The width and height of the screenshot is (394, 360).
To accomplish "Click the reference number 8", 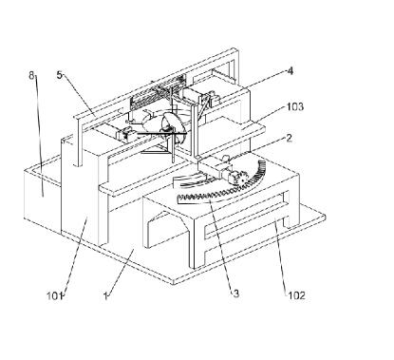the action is coord(31,76).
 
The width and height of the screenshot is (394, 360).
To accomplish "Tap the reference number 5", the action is coord(60,75).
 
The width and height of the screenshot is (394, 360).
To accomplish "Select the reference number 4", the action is coord(290,71).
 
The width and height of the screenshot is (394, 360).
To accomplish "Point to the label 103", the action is coord(295,106).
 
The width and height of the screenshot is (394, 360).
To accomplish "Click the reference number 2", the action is coord(289,139).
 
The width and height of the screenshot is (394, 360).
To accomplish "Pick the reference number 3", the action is coord(236,294).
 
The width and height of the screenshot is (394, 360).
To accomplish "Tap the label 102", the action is coord(297,295).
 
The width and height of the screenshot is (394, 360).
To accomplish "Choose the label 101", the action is coord(54,296).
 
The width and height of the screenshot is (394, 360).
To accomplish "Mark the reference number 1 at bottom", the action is coord(105,296).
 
